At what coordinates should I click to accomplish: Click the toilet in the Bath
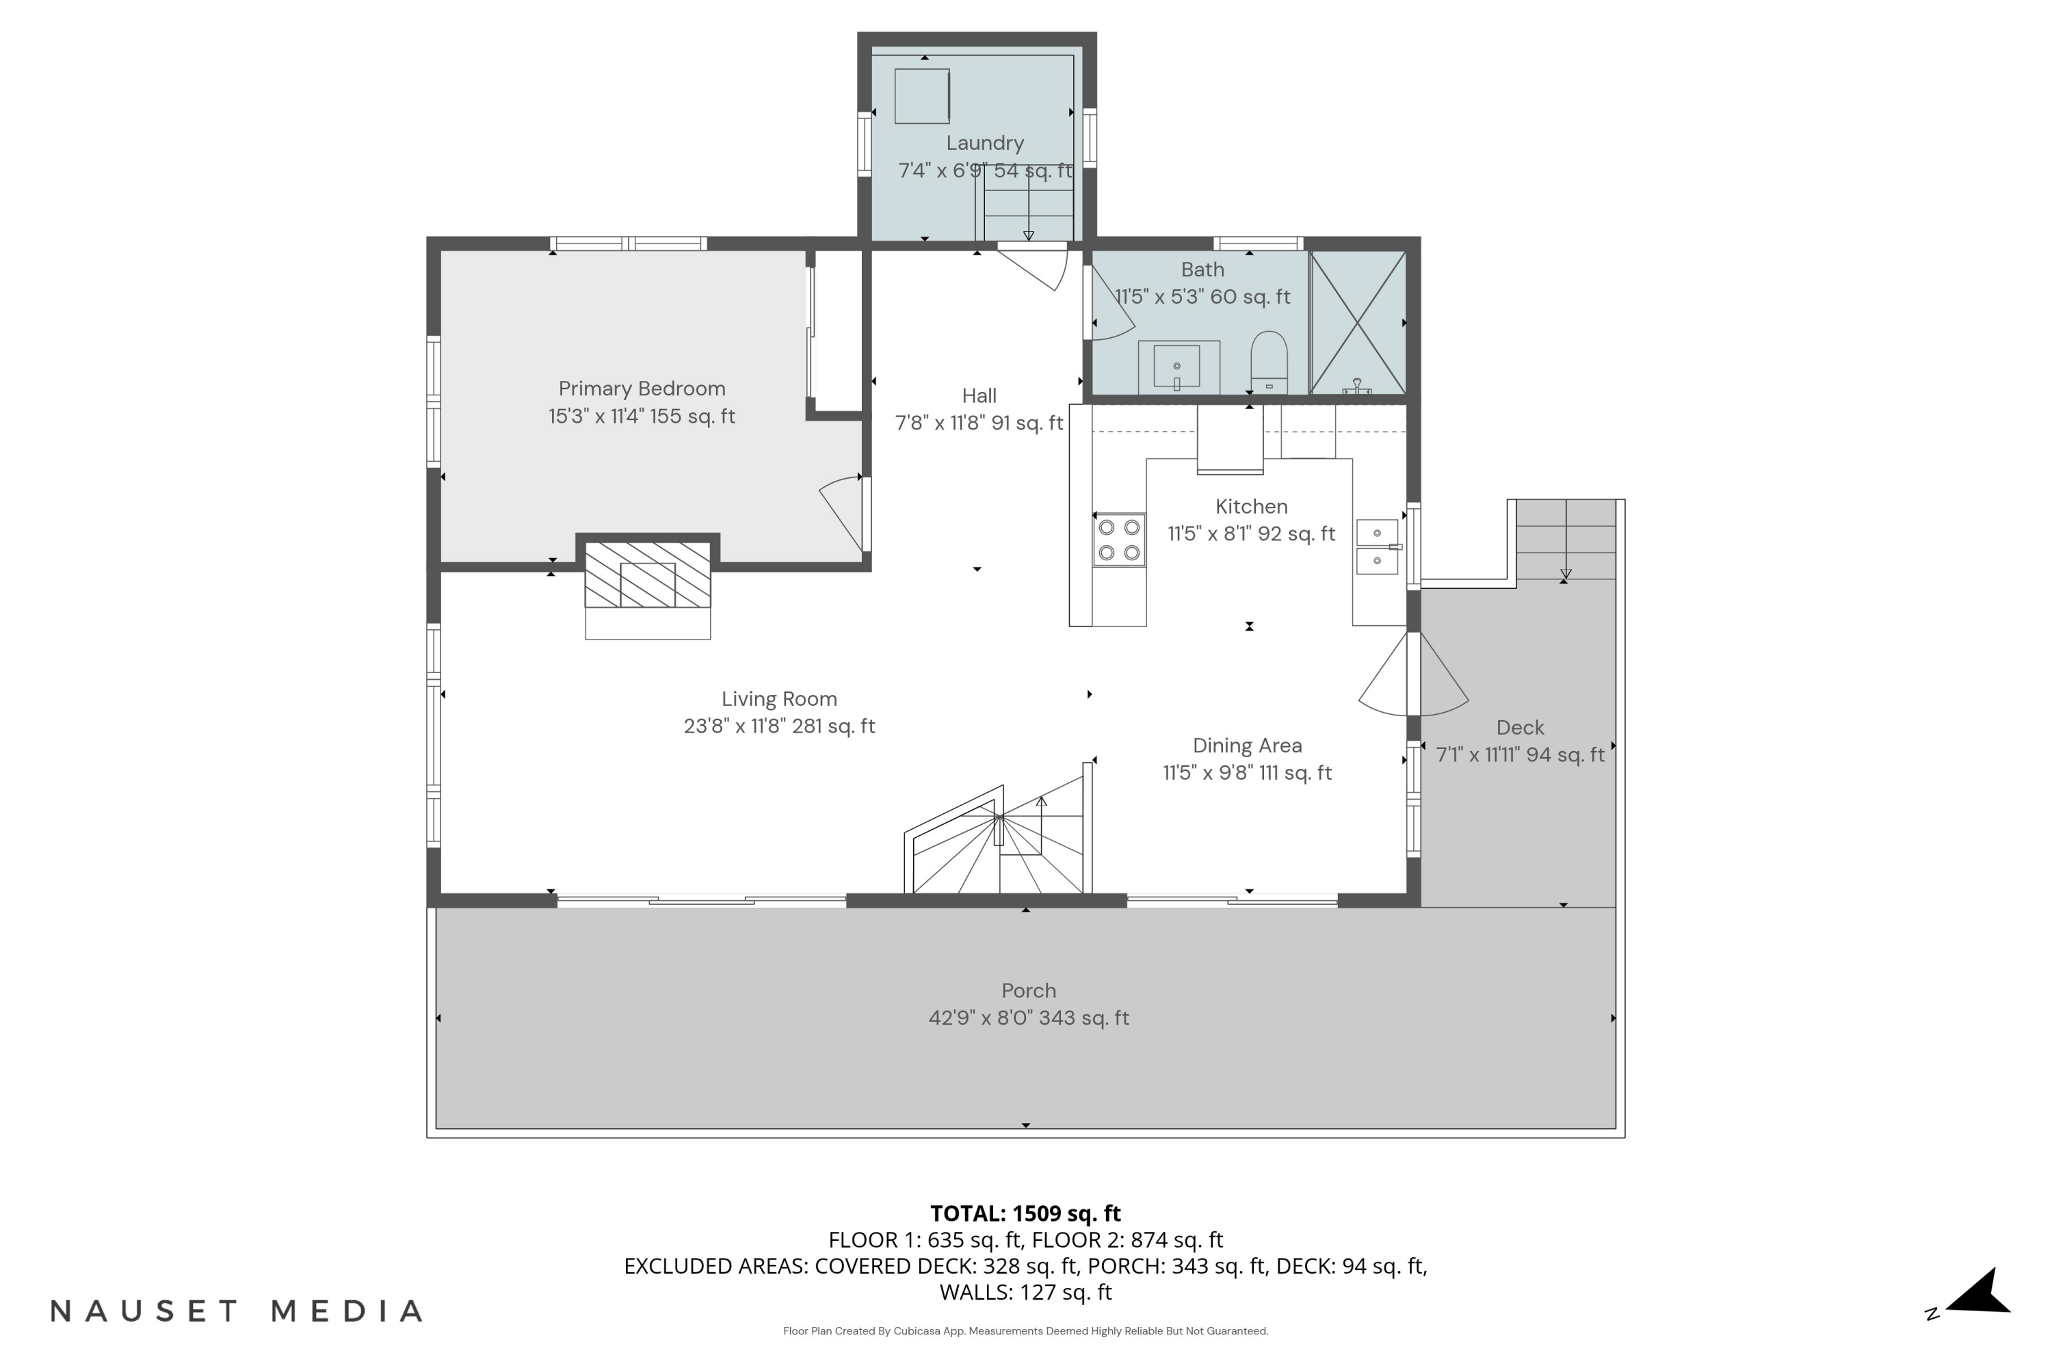1269,362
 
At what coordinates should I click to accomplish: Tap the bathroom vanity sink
1177,367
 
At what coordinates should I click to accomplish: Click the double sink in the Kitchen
1378,547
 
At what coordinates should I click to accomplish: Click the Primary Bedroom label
642,389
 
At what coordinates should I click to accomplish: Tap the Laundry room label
985,143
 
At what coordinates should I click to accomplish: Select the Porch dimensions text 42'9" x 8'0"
1029,1018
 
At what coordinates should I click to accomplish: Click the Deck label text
1520,728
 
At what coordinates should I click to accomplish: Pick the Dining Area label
1247,746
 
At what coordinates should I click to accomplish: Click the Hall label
979,396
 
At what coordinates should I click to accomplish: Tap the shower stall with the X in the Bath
1358,323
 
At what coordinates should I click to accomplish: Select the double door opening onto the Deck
1413,674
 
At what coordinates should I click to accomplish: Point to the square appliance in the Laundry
921,96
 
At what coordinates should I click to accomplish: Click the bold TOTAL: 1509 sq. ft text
1025,1213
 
